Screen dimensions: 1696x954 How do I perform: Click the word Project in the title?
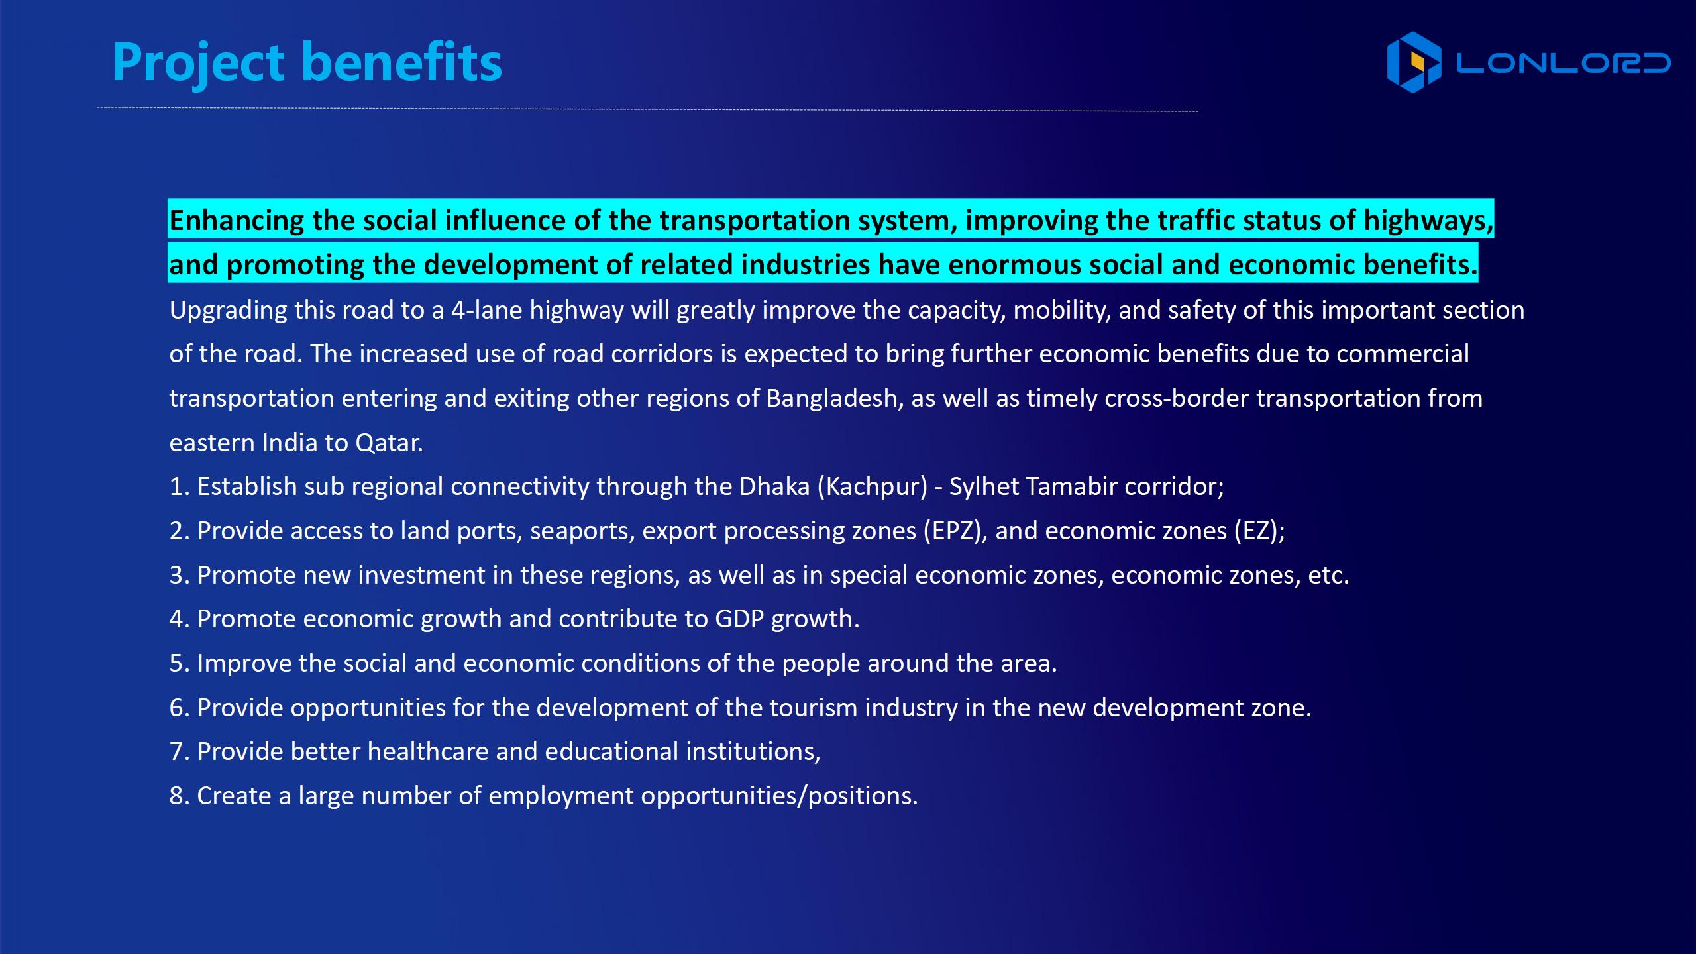(198, 64)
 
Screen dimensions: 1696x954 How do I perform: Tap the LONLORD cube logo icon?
(1414, 62)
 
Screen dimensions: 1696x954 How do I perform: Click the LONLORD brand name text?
(1563, 63)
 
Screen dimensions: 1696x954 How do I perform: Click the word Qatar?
(389, 443)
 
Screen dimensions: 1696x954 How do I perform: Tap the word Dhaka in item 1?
(774, 486)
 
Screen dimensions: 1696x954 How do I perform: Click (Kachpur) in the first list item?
(873, 487)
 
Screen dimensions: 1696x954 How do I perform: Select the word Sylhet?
(985, 487)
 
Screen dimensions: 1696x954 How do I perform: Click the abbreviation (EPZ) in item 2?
(952, 531)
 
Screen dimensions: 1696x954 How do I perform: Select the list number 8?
(176, 796)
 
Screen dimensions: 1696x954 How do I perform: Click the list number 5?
(176, 663)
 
